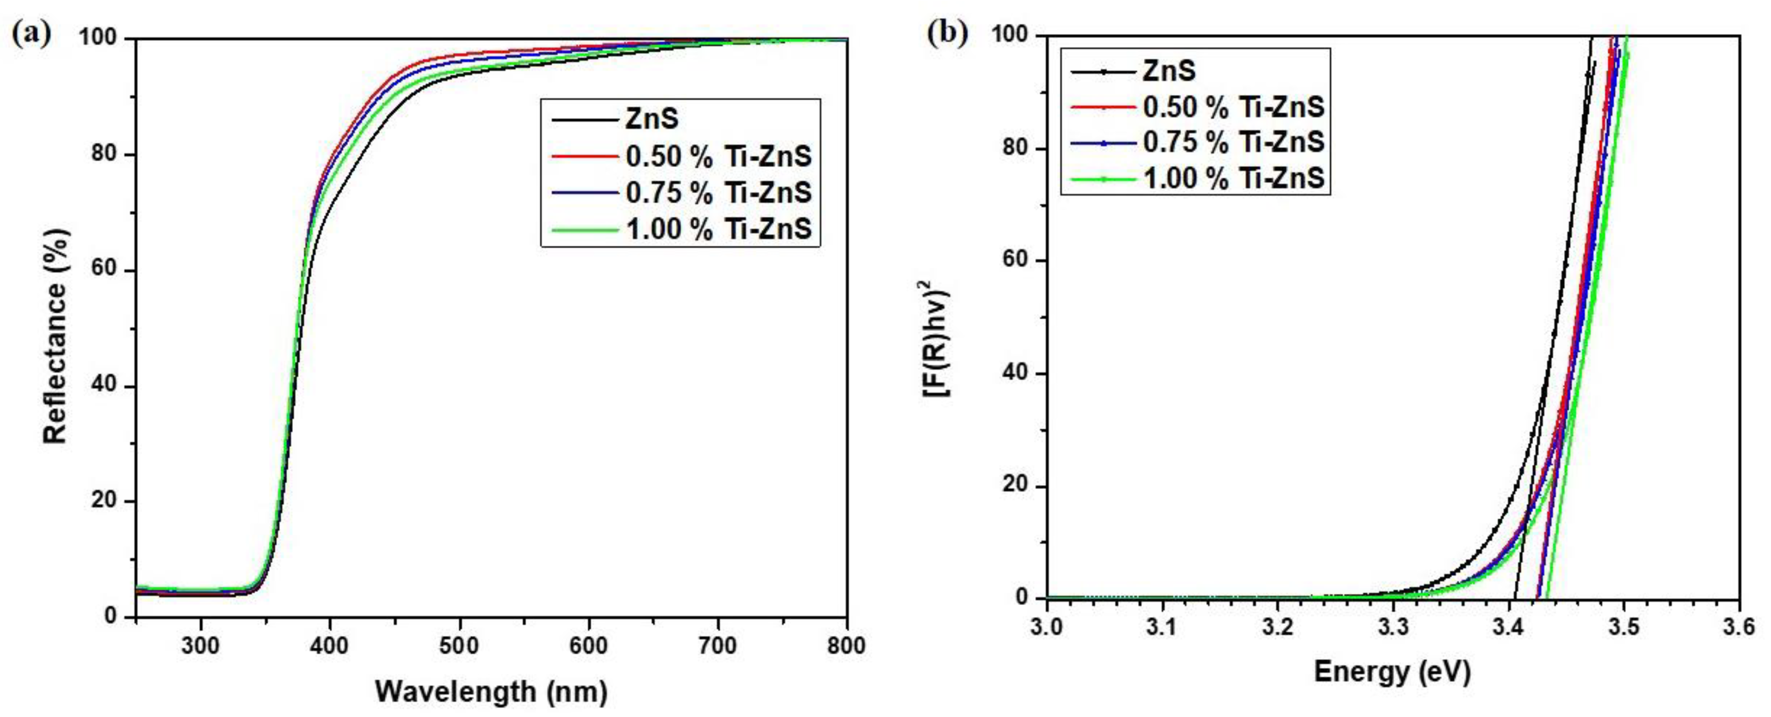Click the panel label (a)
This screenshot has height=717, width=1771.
click(31, 33)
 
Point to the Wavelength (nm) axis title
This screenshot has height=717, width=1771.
click(491, 691)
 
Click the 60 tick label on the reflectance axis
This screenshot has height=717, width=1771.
click(104, 270)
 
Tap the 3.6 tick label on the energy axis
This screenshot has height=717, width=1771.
click(1738, 627)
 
